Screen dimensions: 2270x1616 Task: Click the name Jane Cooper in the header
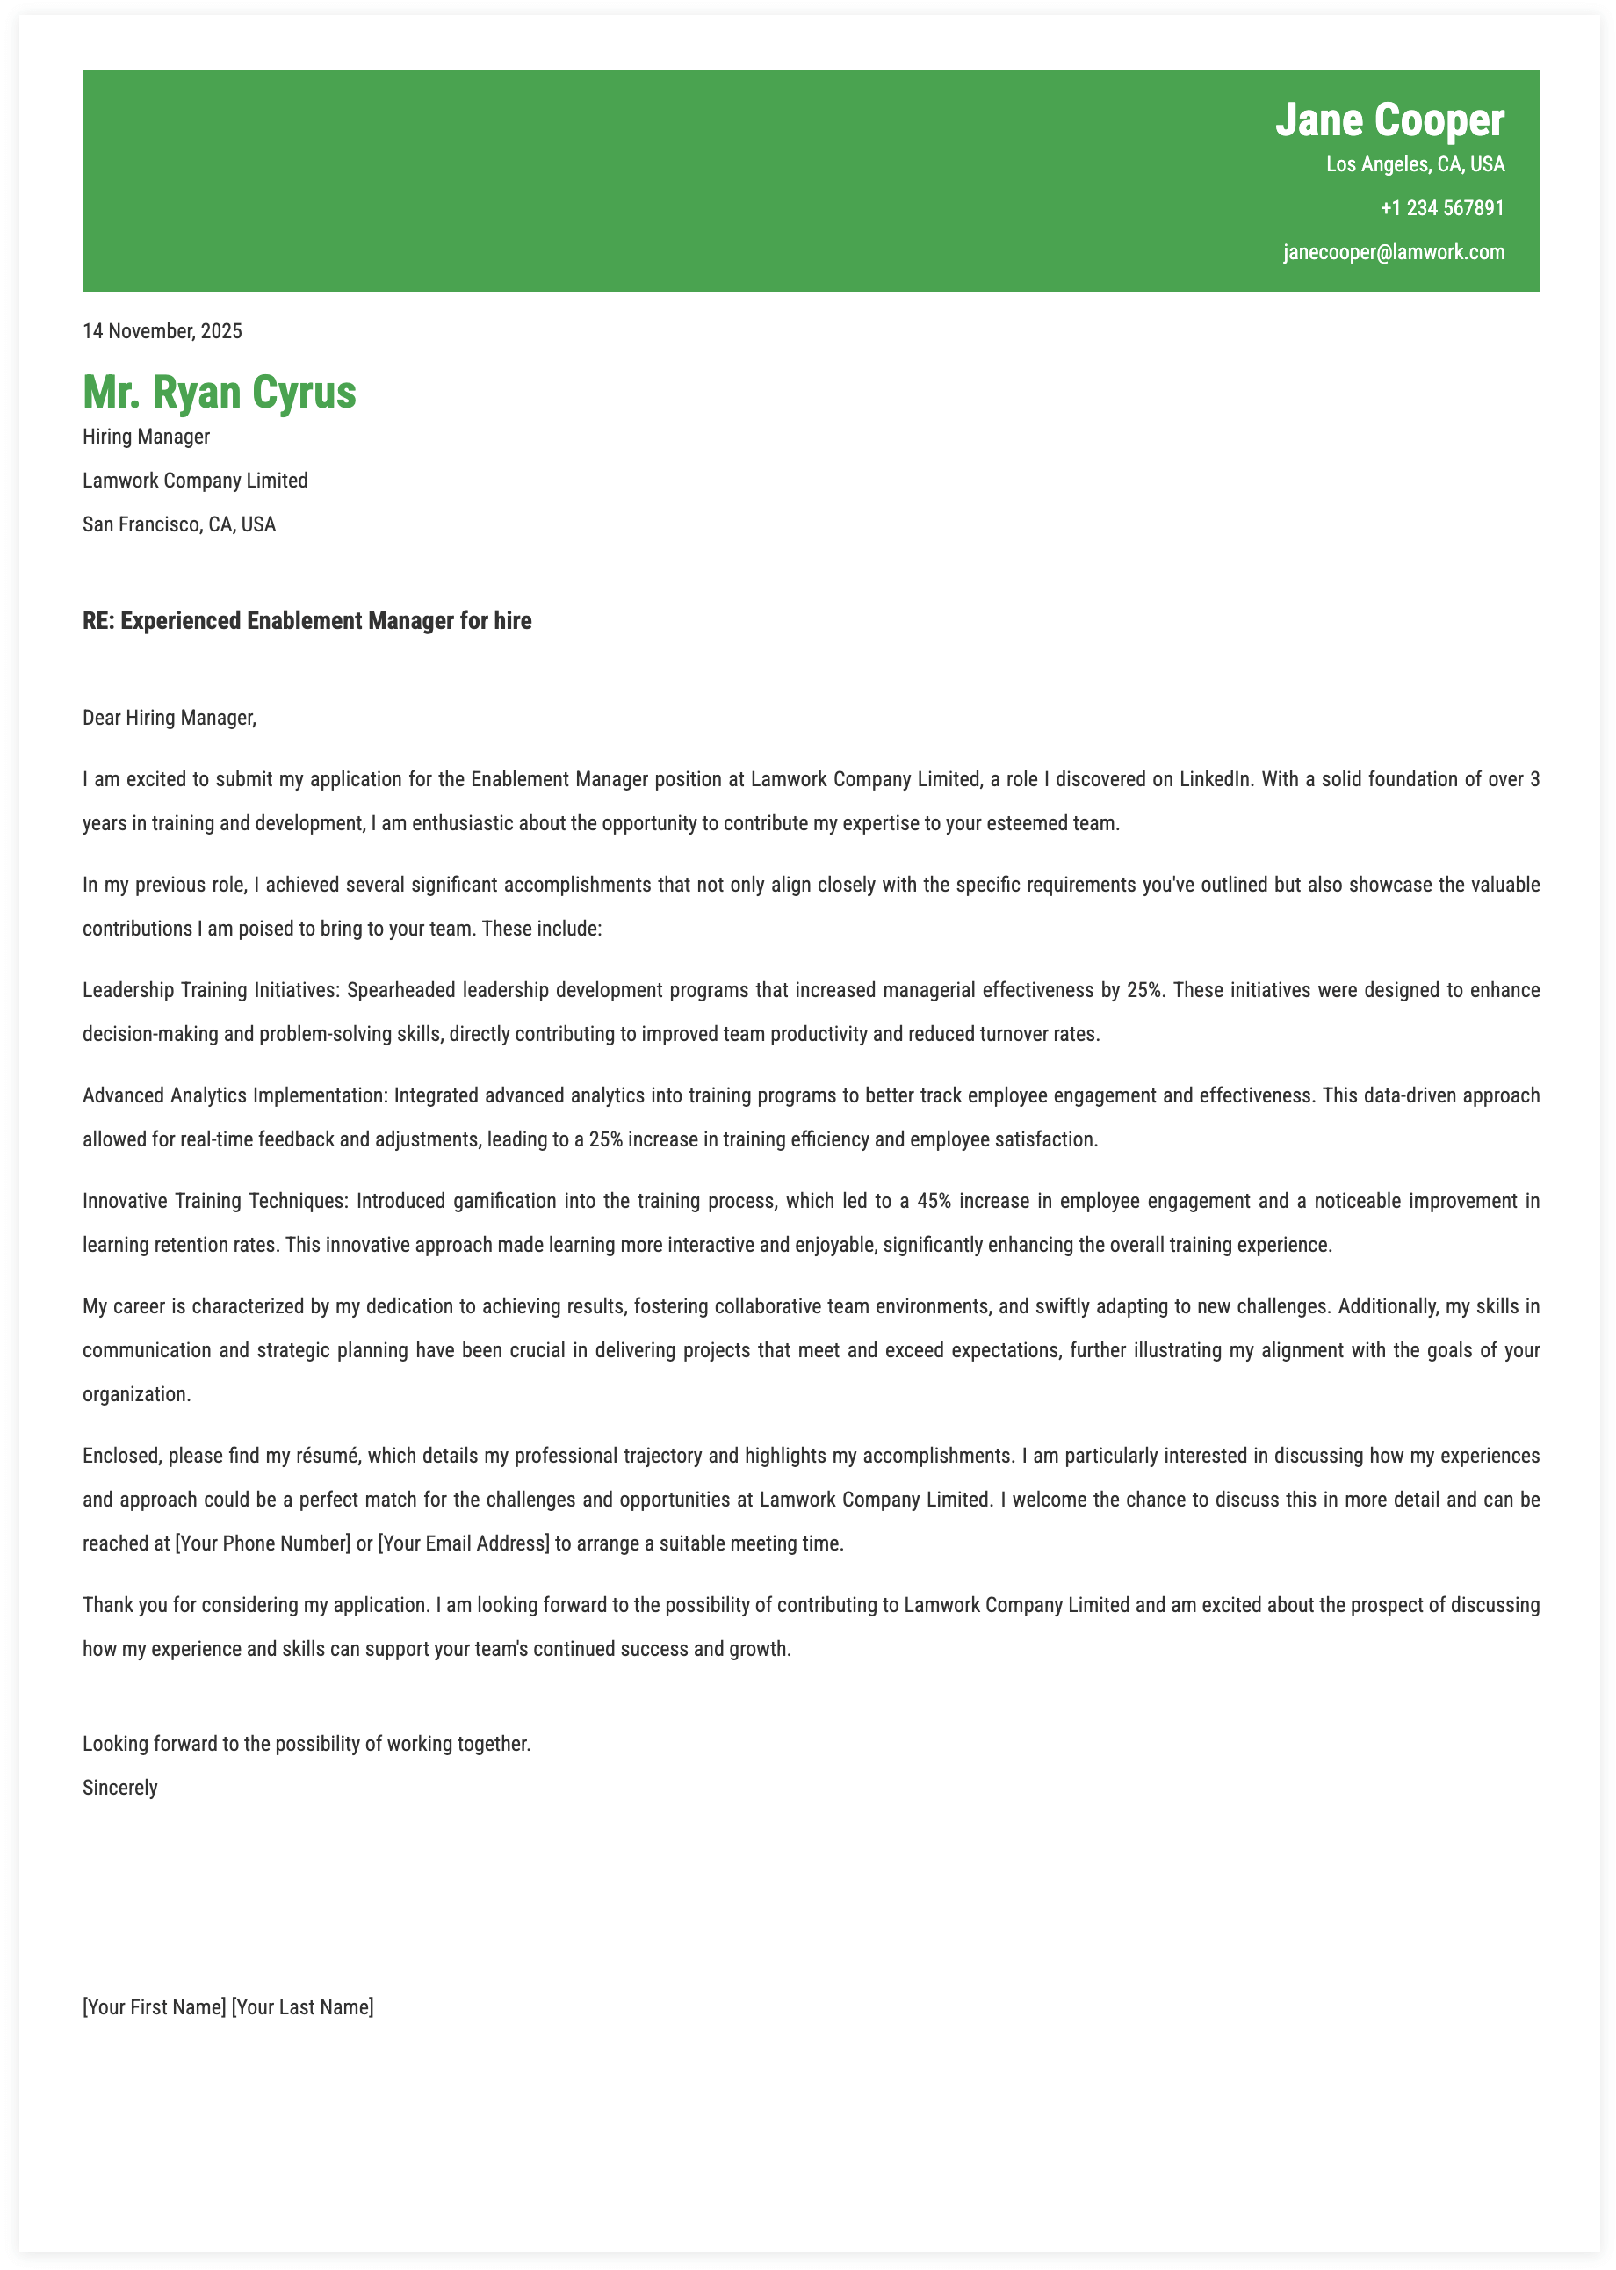(x=1389, y=120)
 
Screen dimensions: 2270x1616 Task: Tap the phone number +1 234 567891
(x=1442, y=208)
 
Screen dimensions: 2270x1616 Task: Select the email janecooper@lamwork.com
(x=1393, y=252)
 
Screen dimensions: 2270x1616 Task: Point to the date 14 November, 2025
(x=162, y=331)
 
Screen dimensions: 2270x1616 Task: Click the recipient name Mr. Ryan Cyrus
(x=219, y=392)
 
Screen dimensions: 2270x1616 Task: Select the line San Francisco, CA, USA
(x=179, y=524)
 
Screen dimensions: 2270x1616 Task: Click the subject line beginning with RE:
(x=307, y=621)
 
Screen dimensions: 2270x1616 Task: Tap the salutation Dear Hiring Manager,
(x=170, y=718)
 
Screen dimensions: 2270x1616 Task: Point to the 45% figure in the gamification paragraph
(x=934, y=1201)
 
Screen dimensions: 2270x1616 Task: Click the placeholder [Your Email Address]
(x=464, y=1543)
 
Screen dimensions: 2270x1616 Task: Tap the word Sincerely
(x=120, y=1789)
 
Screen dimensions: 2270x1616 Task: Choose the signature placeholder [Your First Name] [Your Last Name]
(x=227, y=2007)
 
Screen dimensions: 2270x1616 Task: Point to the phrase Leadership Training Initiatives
(x=211, y=990)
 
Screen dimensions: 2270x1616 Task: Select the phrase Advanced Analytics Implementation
(x=234, y=1095)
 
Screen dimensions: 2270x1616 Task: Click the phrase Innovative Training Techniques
(x=214, y=1201)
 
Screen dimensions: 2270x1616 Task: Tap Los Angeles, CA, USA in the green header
(x=1415, y=164)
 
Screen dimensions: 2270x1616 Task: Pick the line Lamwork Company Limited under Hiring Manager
(x=195, y=481)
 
